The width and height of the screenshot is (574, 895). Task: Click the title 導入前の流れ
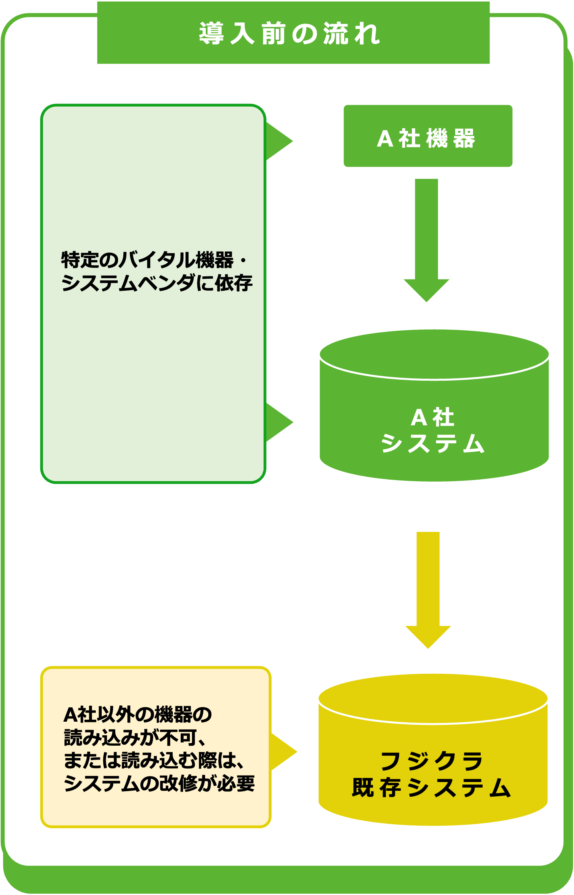(x=289, y=34)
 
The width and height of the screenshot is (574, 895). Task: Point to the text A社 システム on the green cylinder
(x=433, y=431)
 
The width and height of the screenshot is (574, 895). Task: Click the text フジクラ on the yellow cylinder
(x=432, y=761)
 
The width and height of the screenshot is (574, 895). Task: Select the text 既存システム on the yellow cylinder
(x=432, y=788)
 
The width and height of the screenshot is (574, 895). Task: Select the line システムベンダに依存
(x=157, y=283)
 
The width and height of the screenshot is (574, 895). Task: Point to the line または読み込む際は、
(x=154, y=760)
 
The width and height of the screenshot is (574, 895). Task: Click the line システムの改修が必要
(x=159, y=784)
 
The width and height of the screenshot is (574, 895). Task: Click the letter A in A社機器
(x=385, y=139)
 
